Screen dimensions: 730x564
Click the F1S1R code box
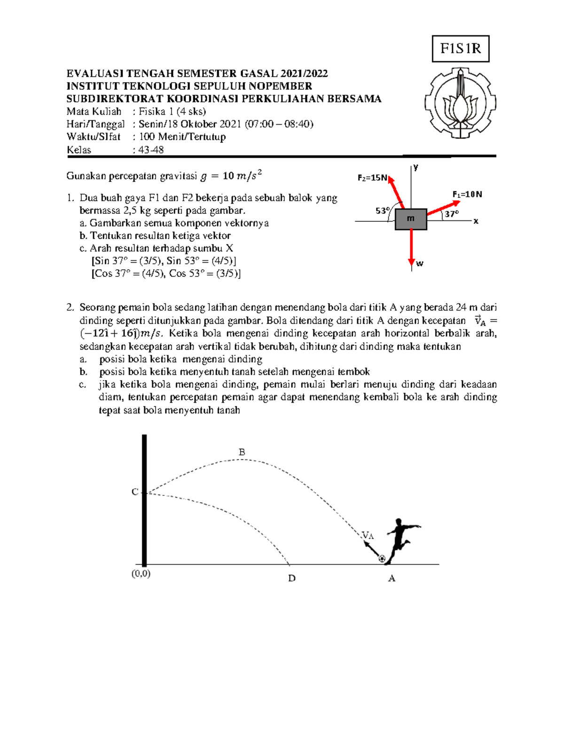(460, 49)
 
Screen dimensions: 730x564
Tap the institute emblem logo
(460, 103)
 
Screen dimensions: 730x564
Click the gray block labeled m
(411, 219)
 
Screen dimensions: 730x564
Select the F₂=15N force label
(372, 178)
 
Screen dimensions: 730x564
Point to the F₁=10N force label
(467, 194)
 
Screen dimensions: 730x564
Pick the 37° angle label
(451, 214)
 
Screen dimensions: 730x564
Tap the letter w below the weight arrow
(420, 264)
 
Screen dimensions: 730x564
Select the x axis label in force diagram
(476, 221)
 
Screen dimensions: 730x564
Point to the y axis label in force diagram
(415, 167)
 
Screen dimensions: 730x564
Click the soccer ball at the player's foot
(382, 559)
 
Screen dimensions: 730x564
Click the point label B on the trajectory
(242, 452)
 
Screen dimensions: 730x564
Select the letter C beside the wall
(135, 492)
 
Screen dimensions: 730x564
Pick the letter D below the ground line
(292, 578)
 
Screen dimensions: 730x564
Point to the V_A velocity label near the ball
(368, 535)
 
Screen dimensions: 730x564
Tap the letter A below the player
(392, 579)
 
